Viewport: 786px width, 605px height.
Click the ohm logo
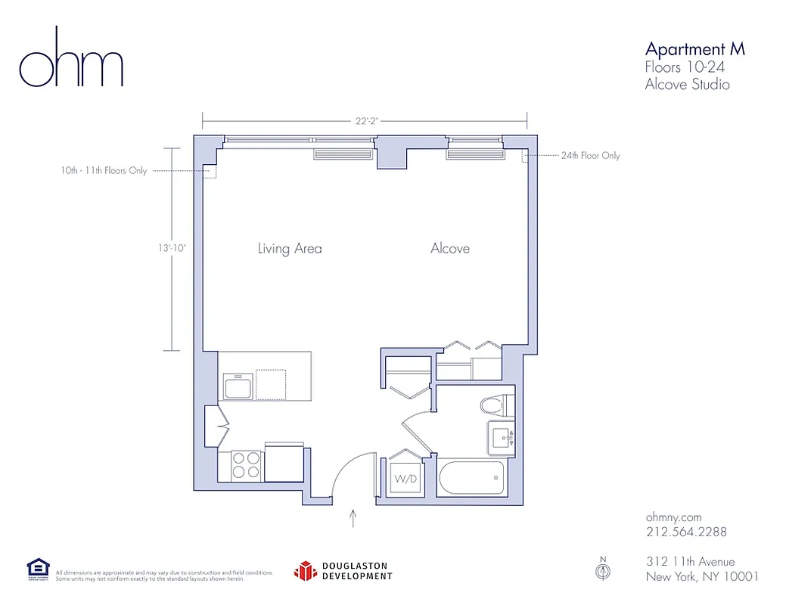click(x=71, y=59)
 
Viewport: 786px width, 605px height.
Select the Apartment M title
click(x=694, y=49)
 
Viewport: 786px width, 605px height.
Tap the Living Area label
click(x=290, y=248)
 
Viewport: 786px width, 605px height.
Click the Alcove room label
click(x=450, y=248)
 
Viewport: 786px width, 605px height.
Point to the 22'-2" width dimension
click(x=365, y=119)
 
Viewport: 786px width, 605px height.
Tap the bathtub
click(x=471, y=477)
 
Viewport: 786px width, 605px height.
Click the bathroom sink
click(x=500, y=437)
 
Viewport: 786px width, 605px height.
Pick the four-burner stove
click(x=245, y=464)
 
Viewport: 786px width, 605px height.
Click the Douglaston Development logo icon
click(x=305, y=571)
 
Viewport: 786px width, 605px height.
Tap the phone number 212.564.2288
click(x=686, y=532)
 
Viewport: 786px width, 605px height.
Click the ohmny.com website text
click(x=673, y=517)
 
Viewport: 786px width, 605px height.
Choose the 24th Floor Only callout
click(x=590, y=156)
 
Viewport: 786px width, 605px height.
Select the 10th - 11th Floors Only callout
click(x=104, y=171)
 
